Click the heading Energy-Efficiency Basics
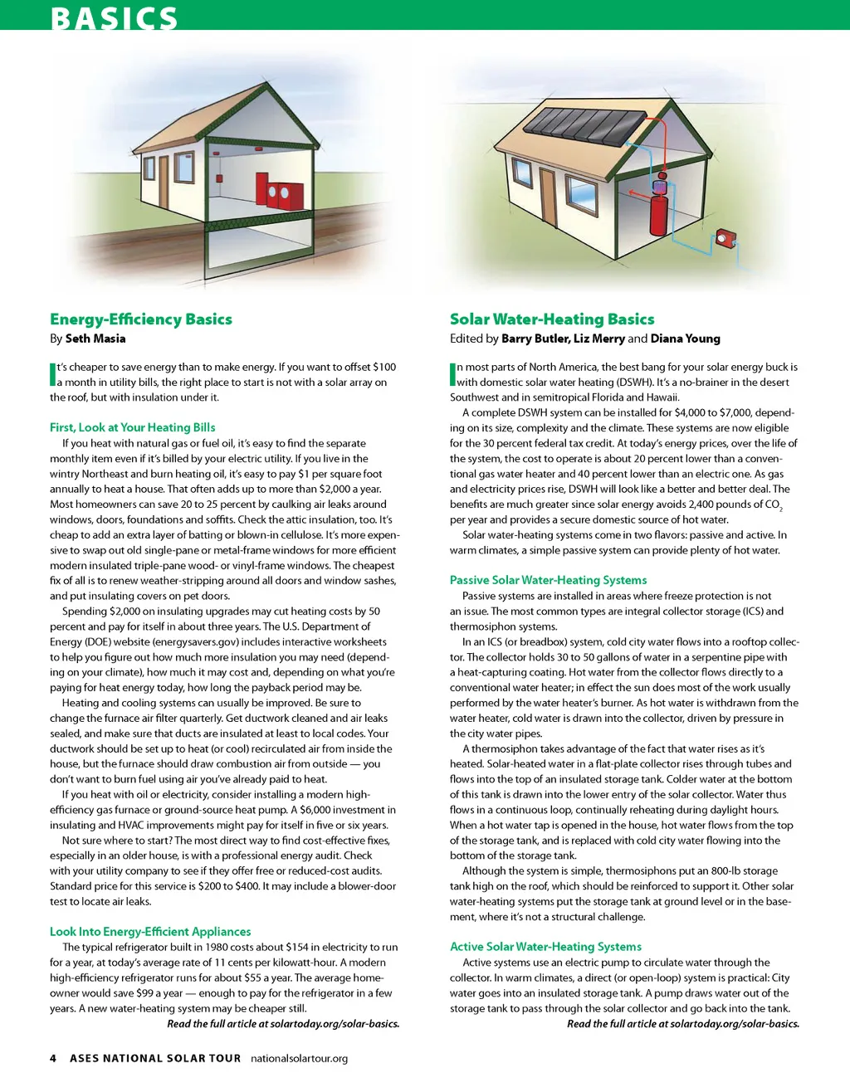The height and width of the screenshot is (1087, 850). [x=141, y=319]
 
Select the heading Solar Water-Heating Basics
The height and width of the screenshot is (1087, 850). [x=552, y=319]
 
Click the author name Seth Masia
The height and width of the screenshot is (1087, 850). [x=95, y=339]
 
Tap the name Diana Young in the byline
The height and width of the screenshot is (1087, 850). [x=685, y=339]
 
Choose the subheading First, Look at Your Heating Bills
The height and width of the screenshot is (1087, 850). [x=133, y=427]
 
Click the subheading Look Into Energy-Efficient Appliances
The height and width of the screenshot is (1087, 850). [x=150, y=932]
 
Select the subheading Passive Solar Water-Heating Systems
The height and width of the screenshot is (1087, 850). [x=548, y=580]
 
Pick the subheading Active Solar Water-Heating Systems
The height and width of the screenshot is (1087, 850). [x=545, y=947]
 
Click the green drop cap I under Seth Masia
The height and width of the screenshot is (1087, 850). [x=52, y=374]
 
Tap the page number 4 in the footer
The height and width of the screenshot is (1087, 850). [x=53, y=1059]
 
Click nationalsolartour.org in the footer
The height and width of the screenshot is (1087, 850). [x=299, y=1059]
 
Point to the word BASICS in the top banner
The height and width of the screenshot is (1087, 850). [x=114, y=18]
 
